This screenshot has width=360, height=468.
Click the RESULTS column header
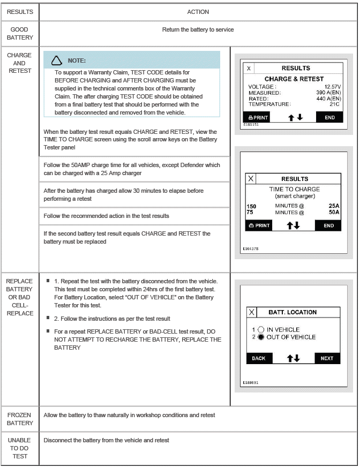pos(20,11)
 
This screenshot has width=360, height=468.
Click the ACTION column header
pos(198,11)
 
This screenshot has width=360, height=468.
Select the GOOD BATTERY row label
pos(20,33)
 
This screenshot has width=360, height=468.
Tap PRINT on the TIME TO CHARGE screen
pos(258,225)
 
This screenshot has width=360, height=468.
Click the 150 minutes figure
pos(251,206)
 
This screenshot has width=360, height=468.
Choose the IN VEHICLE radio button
pos(261,329)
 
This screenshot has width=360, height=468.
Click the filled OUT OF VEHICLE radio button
pos(261,337)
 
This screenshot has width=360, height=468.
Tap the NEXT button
pos(327,358)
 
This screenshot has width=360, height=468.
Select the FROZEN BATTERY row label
pos(20,419)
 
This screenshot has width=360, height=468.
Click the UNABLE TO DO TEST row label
pos(20,448)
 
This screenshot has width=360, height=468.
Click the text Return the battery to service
pos(198,29)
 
